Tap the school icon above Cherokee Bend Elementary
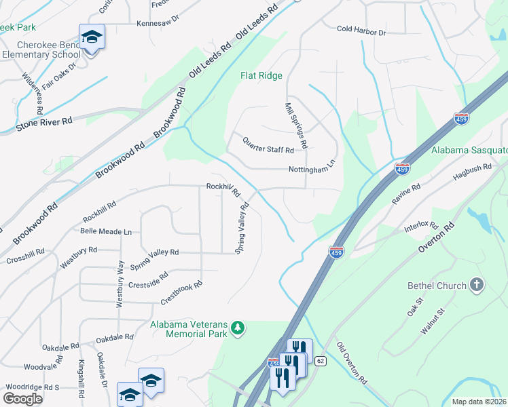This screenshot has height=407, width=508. pos(92,37)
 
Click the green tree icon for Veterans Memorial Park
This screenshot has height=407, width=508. pos(238,328)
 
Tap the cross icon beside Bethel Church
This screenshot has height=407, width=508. pos(477,286)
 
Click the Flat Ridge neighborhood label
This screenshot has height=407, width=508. pos(261,76)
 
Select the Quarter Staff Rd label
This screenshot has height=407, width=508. pos(268,144)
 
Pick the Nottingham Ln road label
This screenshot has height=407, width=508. pos(312,168)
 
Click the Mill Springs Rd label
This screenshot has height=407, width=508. pos(296,125)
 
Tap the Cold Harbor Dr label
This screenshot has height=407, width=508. pos(361,31)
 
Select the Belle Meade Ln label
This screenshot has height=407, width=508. pos(106,231)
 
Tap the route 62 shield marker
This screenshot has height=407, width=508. pos(321,360)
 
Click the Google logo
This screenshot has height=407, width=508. pos(22,398)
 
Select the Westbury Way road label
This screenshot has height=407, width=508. pos(119,284)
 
